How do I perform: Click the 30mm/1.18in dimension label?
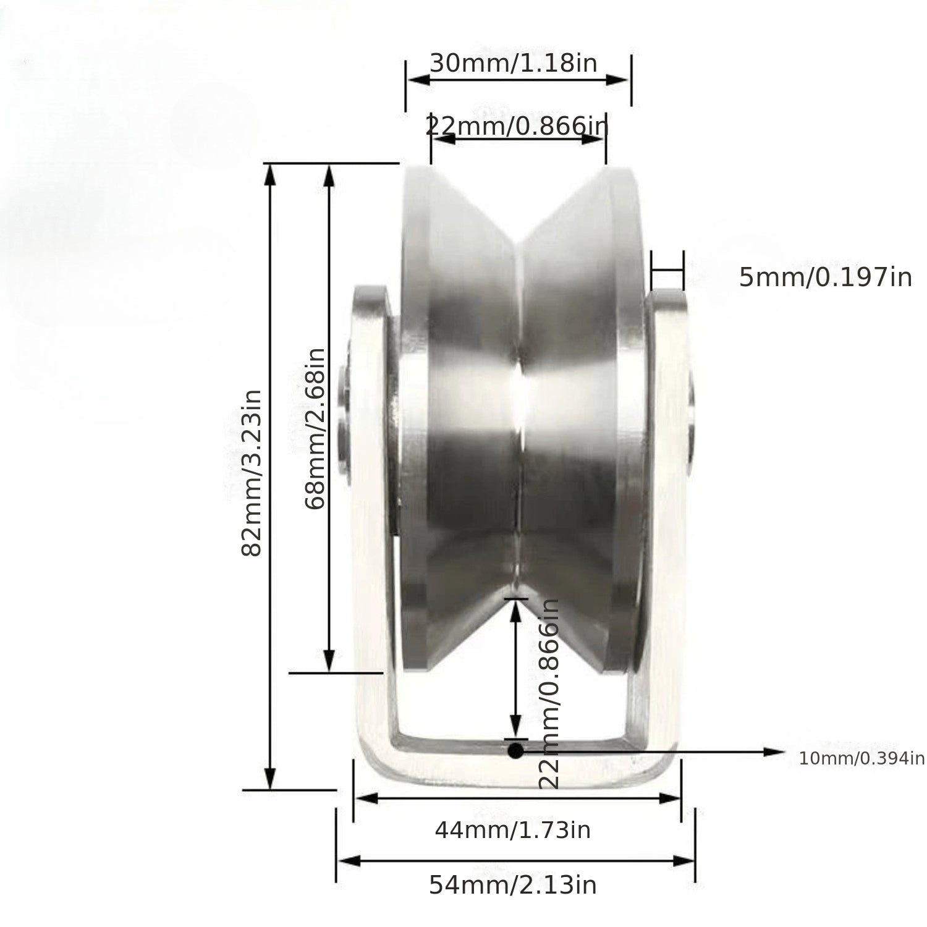[514, 63]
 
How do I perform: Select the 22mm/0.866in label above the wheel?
[517, 126]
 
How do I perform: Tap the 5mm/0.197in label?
[826, 277]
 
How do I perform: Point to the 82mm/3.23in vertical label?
[252, 473]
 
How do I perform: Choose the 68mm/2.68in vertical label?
[315, 428]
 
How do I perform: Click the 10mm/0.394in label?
[861, 758]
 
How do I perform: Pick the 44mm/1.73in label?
[512, 830]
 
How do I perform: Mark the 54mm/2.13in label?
[513, 885]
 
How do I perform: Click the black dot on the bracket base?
[515, 751]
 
